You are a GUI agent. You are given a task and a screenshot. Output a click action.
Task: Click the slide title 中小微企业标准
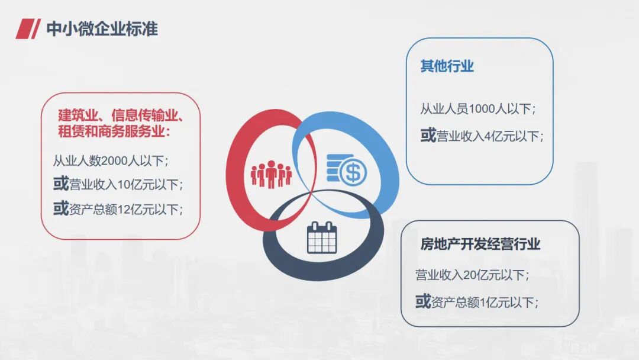click(102, 28)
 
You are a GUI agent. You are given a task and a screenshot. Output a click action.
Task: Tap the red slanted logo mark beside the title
click(27, 28)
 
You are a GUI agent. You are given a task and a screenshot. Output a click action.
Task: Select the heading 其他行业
click(447, 66)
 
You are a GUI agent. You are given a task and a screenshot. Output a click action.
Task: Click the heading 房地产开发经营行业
click(480, 244)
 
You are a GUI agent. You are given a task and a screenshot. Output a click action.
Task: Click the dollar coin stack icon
click(346, 169)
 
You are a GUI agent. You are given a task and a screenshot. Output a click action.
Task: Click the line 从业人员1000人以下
click(478, 109)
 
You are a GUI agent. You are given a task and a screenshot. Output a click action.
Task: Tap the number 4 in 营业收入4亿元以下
click(487, 137)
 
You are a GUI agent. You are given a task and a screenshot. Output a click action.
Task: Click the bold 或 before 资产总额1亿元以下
click(422, 302)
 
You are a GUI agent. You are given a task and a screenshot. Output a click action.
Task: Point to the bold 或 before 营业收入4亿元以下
click(428, 136)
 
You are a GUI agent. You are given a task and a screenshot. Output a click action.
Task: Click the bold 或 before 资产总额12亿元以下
click(61, 208)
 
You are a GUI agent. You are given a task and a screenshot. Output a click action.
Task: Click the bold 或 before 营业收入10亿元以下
click(61, 184)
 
